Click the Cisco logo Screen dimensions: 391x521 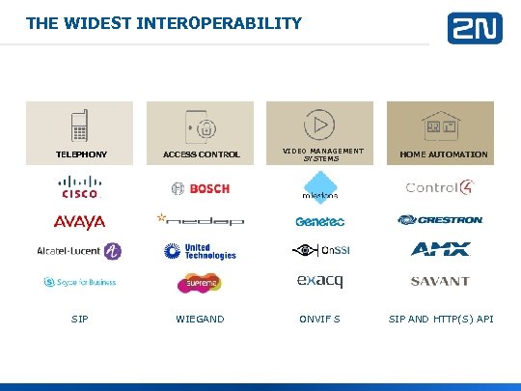pos(80,186)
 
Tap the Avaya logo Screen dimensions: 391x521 pos(80,222)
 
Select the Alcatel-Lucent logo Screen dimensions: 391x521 pos(80,251)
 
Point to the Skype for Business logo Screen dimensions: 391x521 pos(80,282)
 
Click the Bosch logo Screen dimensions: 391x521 pos(201,187)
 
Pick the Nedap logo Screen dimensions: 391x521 pos(201,220)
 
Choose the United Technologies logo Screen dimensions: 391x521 pos(201,251)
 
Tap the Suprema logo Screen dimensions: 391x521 pos(201,283)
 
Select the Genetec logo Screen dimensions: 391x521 pos(318,221)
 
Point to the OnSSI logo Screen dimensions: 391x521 pos(318,251)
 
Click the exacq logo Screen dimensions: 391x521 pos(318,282)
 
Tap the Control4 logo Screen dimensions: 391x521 pos(439,187)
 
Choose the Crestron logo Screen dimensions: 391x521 pos(440,220)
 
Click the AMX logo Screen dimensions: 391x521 pos(440,250)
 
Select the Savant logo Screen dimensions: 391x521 pos(440,282)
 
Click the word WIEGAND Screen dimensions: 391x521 pos(200,318)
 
